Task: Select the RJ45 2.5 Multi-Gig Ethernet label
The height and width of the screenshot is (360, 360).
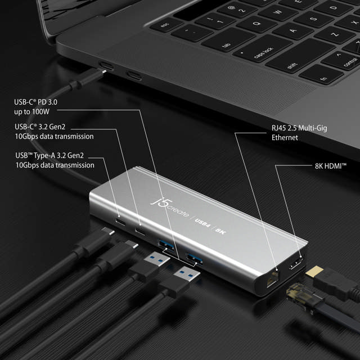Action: tap(298, 133)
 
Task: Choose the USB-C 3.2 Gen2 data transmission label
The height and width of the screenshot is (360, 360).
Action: tap(54, 132)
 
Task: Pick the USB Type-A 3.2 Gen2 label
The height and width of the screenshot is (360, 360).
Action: tap(55, 160)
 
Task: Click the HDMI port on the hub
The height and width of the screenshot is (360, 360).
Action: tap(294, 263)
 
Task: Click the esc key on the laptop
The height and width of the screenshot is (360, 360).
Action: tap(165, 25)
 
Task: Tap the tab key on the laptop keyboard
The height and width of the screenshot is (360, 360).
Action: tap(227, 46)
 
